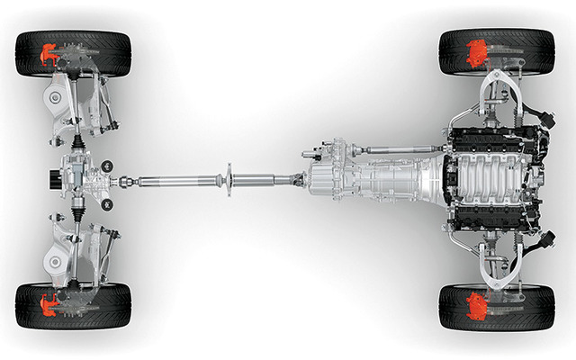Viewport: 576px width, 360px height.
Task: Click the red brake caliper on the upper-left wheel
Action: (47, 56)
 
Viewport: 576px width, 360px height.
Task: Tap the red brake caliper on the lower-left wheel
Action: (47, 304)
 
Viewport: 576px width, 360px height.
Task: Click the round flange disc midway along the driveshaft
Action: (229, 180)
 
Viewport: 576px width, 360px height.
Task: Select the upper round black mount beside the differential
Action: (107, 164)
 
